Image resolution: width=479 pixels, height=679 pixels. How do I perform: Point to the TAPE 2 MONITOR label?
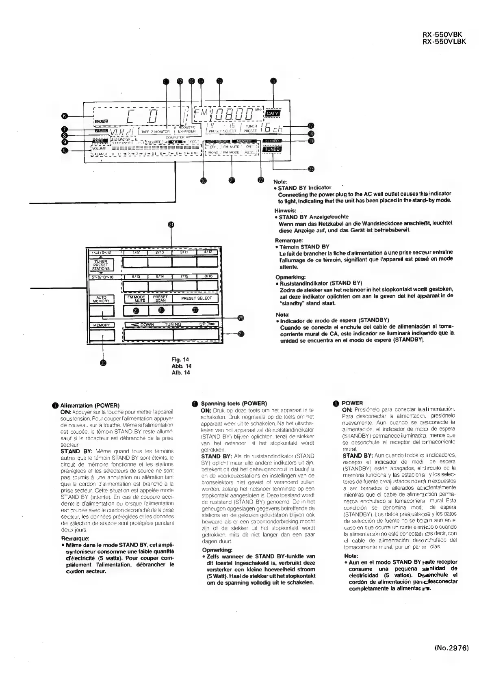[x=156, y=131]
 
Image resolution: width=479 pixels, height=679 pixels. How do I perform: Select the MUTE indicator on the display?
[x=100, y=141]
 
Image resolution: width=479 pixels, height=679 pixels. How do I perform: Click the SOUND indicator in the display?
[x=101, y=121]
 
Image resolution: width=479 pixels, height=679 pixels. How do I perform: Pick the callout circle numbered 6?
[x=64, y=116]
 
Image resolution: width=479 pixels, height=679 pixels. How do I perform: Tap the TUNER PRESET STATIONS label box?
[x=101, y=265]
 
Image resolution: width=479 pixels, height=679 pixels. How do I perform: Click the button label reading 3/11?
[x=184, y=252]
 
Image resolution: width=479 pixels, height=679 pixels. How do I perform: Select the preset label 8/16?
[x=209, y=277]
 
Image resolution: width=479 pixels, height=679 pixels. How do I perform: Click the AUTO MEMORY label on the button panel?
[x=101, y=299]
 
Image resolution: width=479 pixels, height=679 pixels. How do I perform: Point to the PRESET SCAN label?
[x=160, y=298]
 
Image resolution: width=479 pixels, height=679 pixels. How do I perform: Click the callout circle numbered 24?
[x=171, y=225]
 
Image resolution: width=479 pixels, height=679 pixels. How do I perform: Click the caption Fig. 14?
[x=181, y=359]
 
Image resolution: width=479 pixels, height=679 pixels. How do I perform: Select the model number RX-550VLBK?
[x=444, y=41]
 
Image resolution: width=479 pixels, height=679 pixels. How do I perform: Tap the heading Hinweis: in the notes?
[x=284, y=210]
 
